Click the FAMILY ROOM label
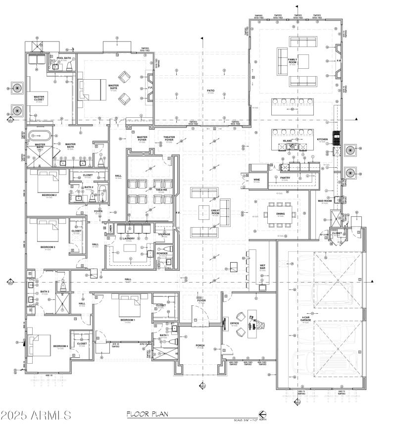coord(293,61)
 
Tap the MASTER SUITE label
coord(113,87)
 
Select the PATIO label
coord(210,91)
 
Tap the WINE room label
coord(256,180)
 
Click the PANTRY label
coord(285,178)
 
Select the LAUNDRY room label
coord(129,239)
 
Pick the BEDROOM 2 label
coord(49,195)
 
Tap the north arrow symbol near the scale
coord(262,415)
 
